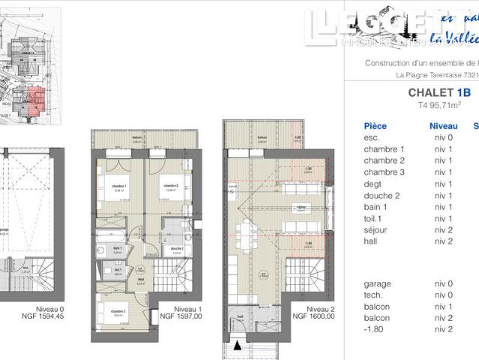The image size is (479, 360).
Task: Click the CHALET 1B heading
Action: click(439, 93)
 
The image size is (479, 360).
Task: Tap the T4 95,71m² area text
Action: click(439, 106)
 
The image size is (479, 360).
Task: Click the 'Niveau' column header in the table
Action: click(443, 126)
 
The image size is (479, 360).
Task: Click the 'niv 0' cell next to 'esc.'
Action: click(442, 138)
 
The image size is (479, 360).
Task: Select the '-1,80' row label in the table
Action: click(374, 329)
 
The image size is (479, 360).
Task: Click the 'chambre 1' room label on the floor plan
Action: click(119, 186)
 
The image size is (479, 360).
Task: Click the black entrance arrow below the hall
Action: click(239, 346)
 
